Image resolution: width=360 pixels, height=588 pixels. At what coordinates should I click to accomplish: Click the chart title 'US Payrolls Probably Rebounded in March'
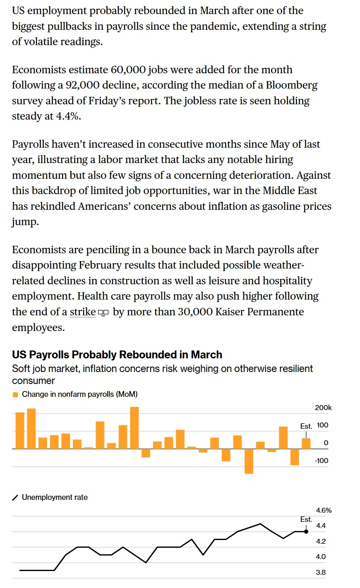coord(117,355)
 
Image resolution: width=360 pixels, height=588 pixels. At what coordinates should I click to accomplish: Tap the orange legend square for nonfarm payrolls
coord(15,395)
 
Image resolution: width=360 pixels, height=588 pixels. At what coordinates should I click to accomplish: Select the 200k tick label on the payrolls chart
coord(323,408)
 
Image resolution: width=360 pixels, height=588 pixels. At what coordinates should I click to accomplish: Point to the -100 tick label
coord(322,461)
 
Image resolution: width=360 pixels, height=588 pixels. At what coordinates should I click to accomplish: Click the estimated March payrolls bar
coord(306,444)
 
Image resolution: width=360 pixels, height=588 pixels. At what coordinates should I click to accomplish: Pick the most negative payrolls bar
coord(249,461)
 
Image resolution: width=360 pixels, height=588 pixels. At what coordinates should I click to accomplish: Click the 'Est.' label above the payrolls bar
coord(306,426)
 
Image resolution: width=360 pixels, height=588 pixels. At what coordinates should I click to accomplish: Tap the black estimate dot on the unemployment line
coord(306,532)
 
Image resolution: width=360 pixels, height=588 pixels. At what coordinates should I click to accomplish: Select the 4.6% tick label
coord(324,510)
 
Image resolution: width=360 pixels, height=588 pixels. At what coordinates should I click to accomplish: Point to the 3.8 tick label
coord(321,572)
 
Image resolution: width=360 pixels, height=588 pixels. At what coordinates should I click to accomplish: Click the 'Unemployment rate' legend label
coord(55,497)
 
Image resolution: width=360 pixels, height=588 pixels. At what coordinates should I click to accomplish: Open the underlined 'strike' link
coord(83,312)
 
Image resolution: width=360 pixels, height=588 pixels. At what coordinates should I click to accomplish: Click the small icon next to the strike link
coord(103,313)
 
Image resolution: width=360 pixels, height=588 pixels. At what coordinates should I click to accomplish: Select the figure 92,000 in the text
coord(82,85)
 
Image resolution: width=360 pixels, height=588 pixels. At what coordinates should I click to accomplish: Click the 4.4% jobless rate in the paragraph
coord(68,116)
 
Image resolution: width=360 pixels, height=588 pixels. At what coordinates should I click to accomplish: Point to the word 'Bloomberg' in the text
coord(291,85)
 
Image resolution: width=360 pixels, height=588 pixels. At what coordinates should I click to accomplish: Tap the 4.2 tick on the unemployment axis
coord(321,541)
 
